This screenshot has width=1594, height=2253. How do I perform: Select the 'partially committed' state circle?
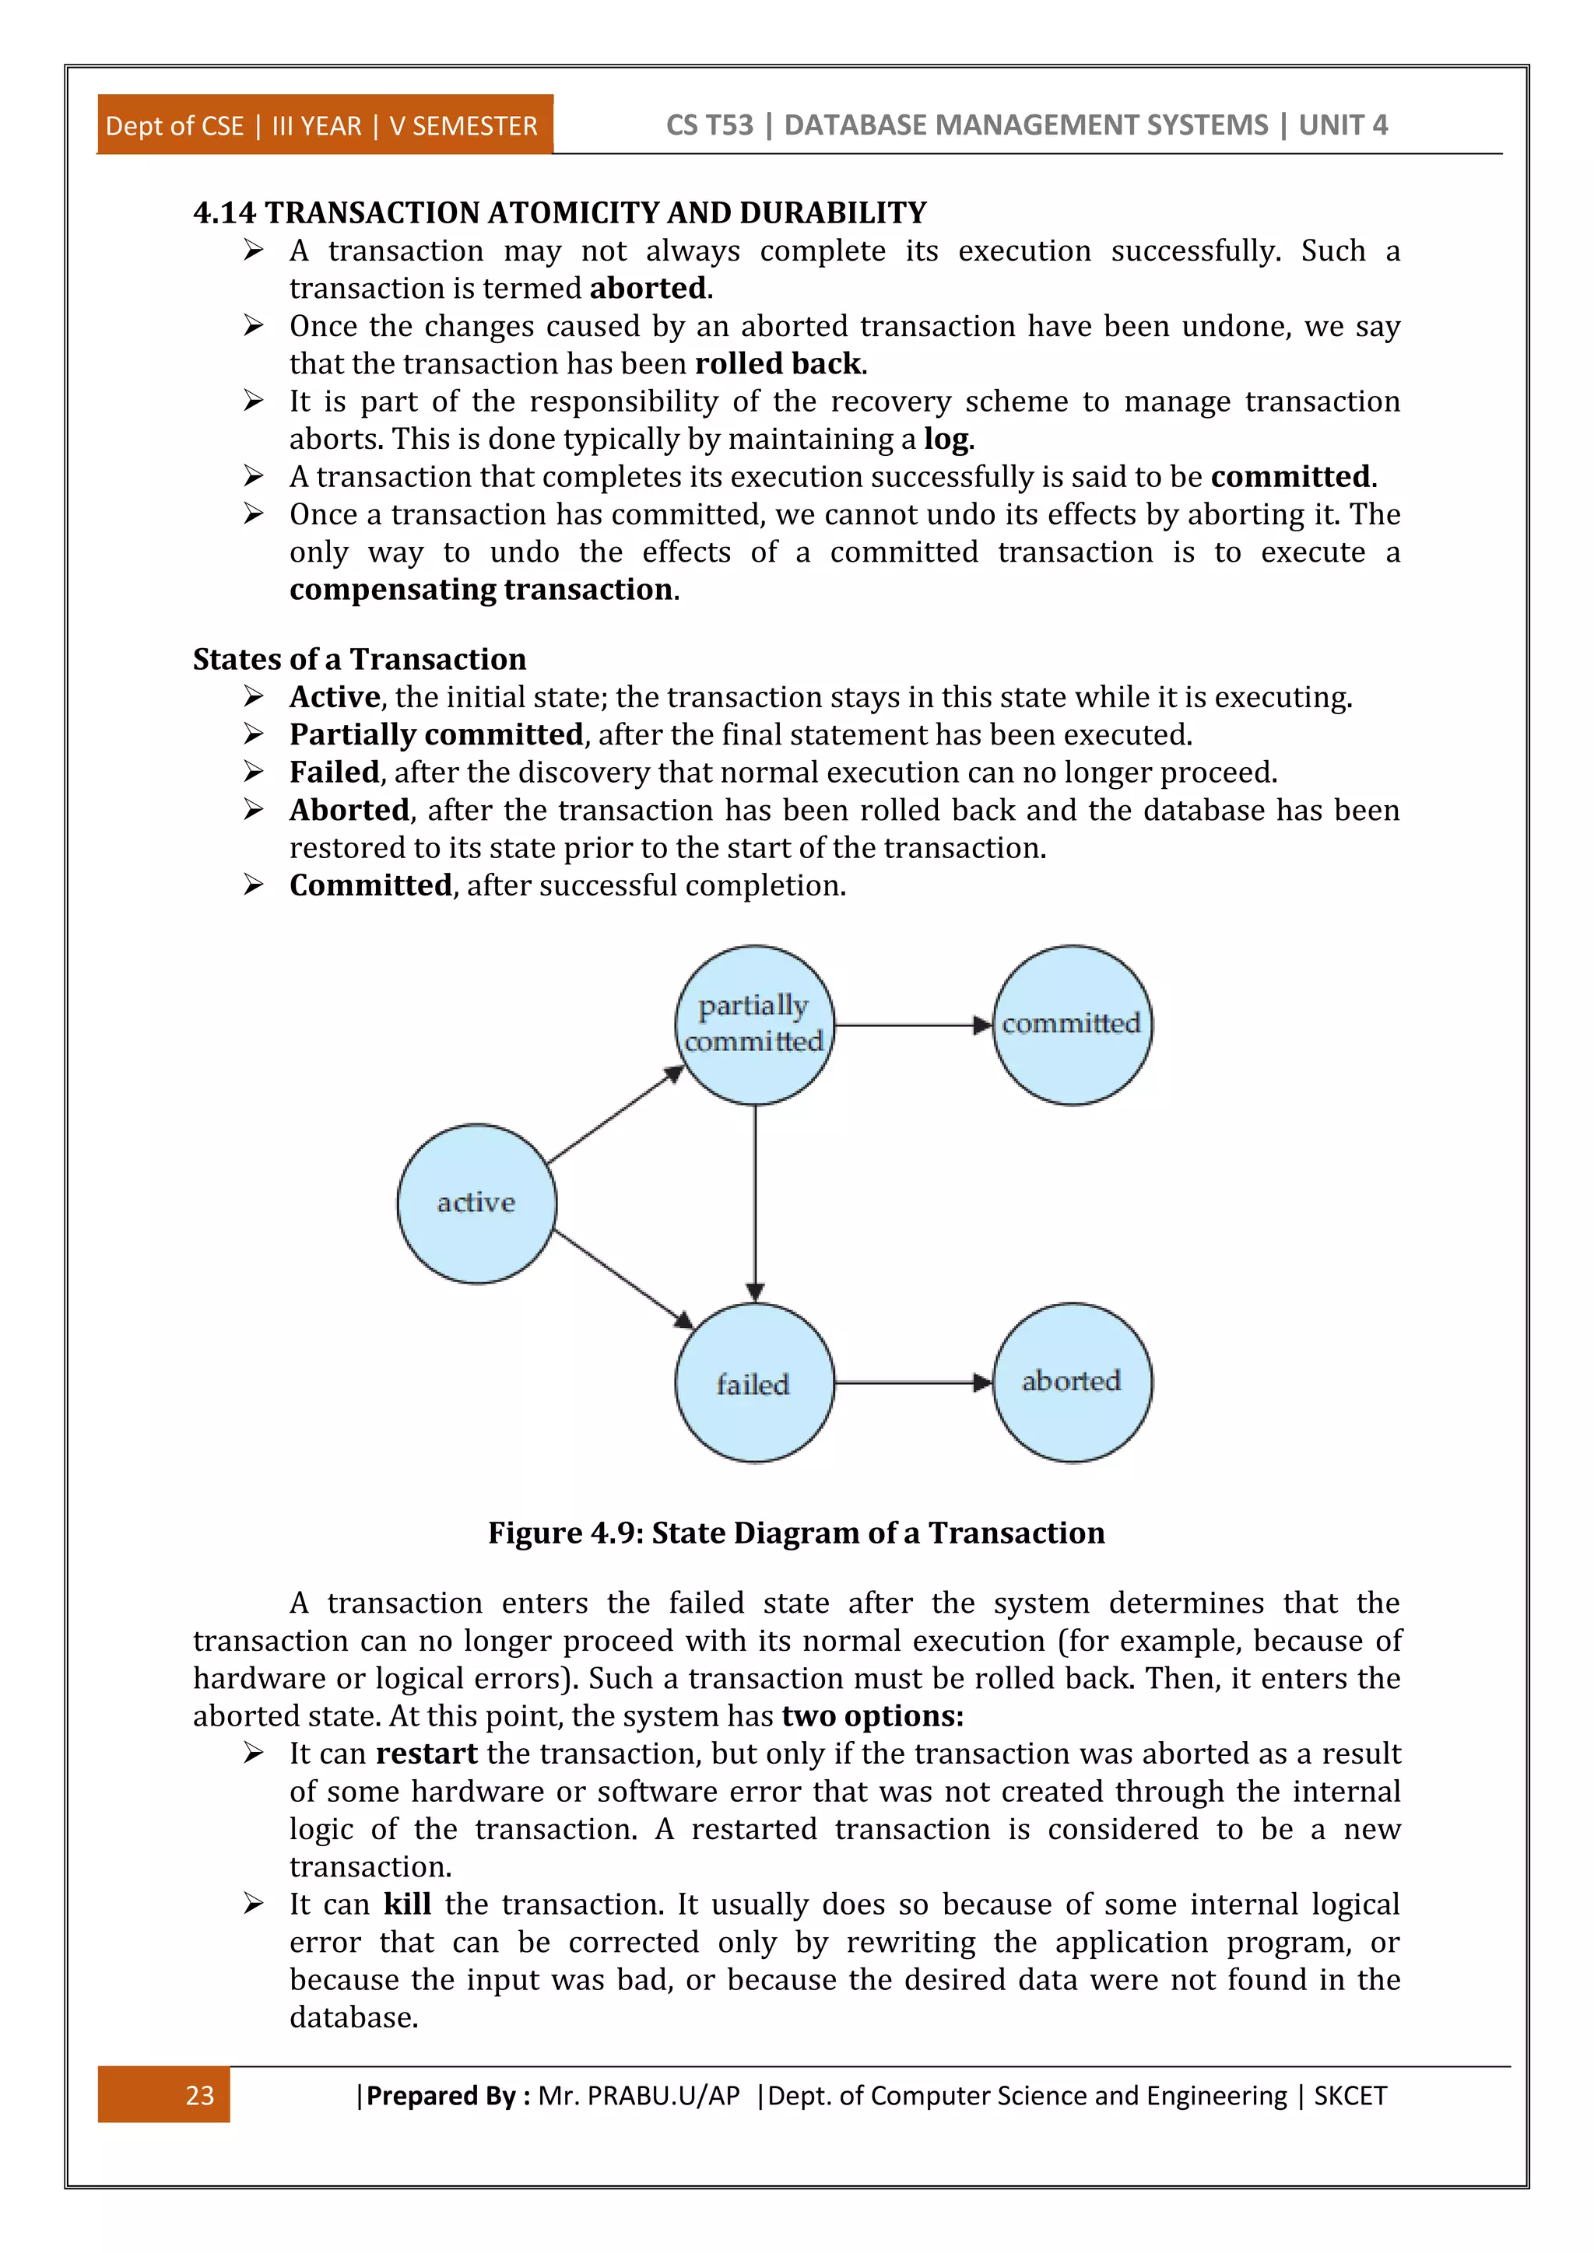(754, 1025)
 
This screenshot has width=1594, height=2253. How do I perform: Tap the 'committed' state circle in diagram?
(1072, 1025)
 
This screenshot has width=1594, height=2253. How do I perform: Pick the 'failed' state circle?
(754, 1382)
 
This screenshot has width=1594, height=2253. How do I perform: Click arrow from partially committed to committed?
(913, 1025)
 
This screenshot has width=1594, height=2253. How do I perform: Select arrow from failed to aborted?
(913, 1382)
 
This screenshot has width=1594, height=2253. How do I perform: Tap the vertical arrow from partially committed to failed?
(755, 1203)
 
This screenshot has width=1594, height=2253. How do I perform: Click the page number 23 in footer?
(199, 2095)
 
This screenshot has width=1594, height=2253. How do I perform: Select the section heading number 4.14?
(224, 213)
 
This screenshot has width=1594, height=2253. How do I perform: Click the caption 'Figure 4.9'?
(564, 1532)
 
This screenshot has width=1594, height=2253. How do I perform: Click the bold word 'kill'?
(407, 1904)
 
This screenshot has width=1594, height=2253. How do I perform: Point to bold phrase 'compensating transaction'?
(481, 589)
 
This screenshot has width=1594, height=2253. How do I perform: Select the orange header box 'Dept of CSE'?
(324, 125)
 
